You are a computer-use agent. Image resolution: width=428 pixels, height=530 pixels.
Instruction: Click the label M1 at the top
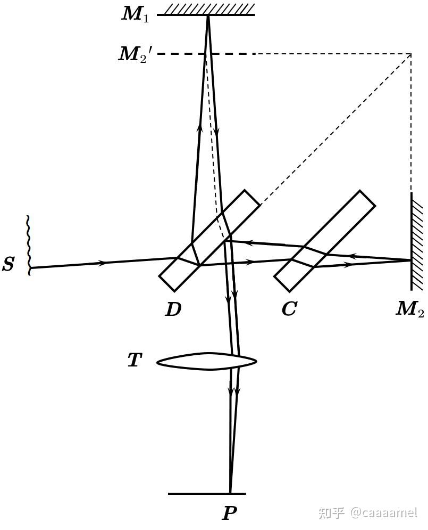[x=135, y=14]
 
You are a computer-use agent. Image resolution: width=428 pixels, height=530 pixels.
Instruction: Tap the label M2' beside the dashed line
[x=136, y=54]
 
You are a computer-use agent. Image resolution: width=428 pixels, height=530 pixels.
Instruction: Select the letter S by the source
[x=8, y=264]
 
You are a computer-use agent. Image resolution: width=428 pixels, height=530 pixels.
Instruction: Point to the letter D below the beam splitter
[x=173, y=309]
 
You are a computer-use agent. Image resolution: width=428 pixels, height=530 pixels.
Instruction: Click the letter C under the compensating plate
[x=289, y=309]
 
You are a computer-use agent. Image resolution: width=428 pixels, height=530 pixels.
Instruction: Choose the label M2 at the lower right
[x=409, y=309]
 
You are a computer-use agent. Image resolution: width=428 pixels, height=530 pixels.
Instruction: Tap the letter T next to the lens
[x=135, y=361]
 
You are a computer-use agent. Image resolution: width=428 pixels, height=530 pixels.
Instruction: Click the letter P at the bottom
[x=229, y=513]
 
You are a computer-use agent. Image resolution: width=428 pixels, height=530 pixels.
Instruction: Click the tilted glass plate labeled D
[x=209, y=241]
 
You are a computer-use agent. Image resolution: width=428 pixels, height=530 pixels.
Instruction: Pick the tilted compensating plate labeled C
[x=324, y=241]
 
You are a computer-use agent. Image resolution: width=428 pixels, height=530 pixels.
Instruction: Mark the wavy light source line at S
[x=28, y=245]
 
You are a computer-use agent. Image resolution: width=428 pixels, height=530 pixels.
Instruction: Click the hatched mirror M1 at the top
[x=206, y=10]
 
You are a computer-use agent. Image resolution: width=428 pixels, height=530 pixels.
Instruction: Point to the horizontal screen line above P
[x=207, y=494]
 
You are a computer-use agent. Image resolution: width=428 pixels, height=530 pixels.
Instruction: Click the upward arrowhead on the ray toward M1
[x=200, y=127]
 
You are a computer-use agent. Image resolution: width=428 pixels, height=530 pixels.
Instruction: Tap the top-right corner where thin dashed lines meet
[x=411, y=54]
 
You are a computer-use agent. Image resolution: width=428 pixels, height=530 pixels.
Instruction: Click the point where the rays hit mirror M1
[x=208, y=15]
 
